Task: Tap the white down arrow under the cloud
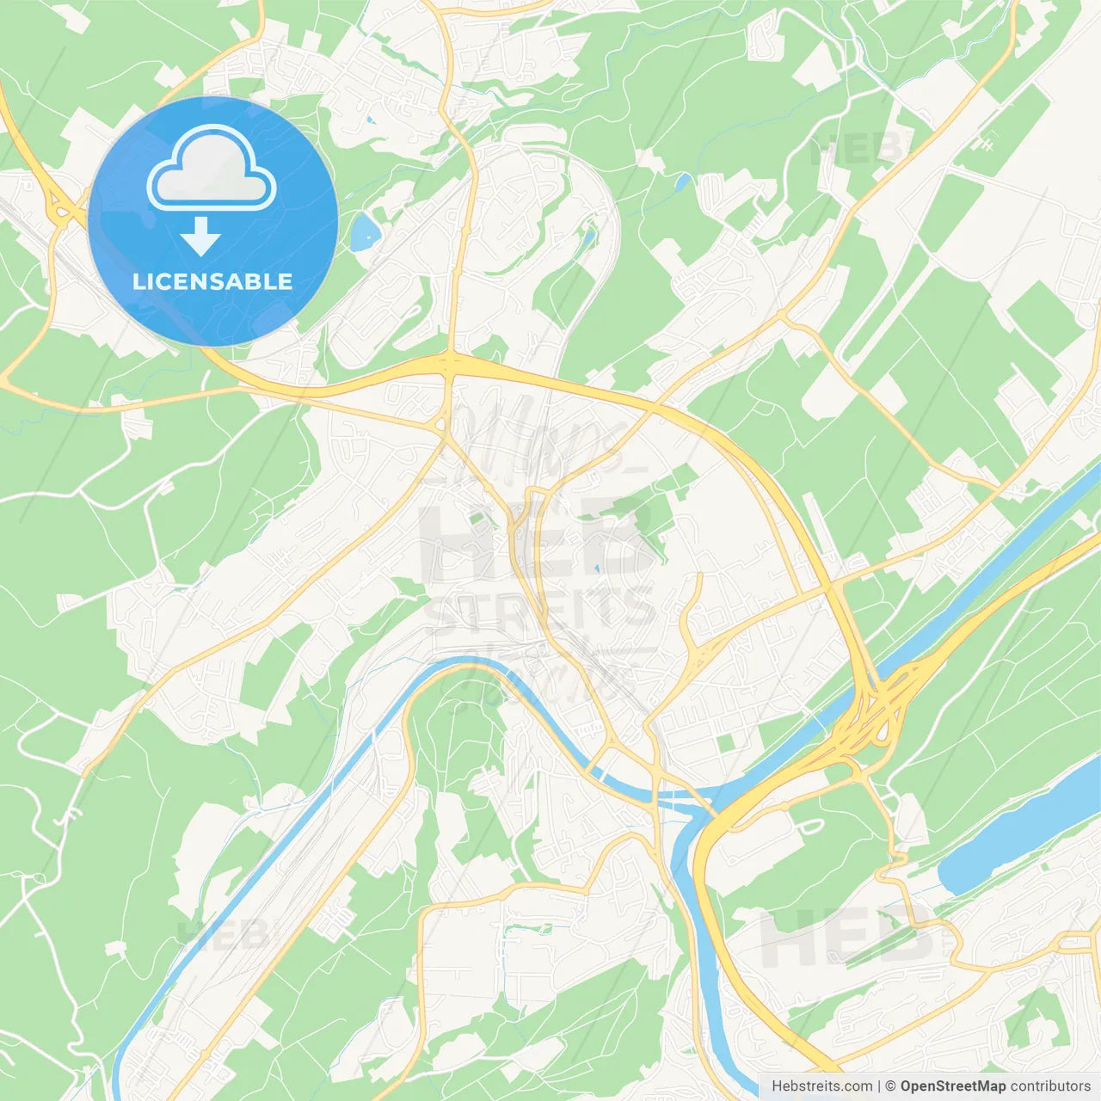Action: click(x=200, y=237)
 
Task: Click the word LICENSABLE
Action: click(x=212, y=281)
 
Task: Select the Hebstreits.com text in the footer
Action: click(x=821, y=1086)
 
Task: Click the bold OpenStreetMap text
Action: click(x=952, y=1086)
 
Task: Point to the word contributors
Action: click(x=1050, y=1086)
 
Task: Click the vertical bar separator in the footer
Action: click(x=879, y=1086)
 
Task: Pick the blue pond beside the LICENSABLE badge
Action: click(x=364, y=231)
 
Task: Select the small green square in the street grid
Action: click(x=727, y=742)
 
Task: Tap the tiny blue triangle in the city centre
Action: click(x=596, y=569)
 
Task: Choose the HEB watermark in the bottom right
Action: click(x=847, y=938)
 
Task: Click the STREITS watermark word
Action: click(x=539, y=609)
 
